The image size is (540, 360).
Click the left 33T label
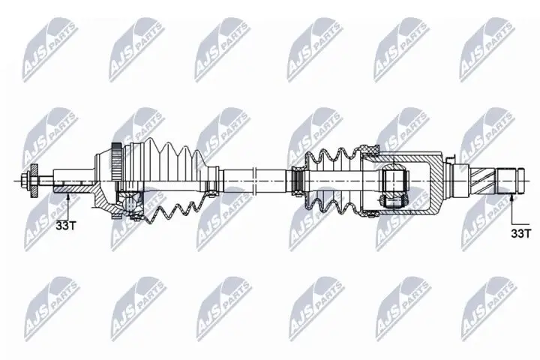click(x=67, y=224)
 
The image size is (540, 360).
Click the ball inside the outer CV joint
click(x=133, y=202)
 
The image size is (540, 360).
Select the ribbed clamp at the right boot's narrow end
click(x=298, y=181)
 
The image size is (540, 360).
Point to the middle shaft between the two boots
click(x=255, y=181)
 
